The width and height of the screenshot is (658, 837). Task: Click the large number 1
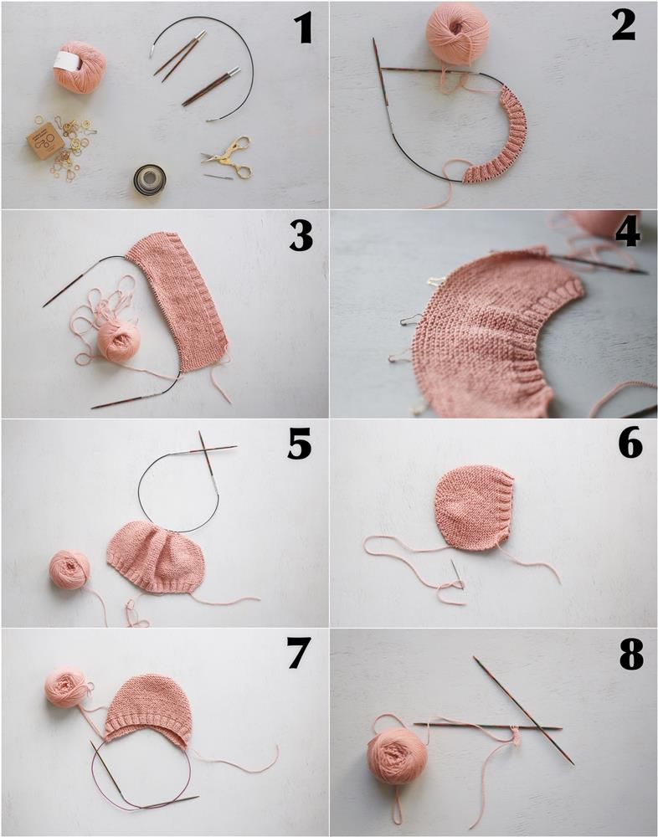click(x=304, y=29)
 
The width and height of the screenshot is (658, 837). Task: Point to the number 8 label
click(x=630, y=655)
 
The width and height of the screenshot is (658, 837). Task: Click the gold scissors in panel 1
click(x=228, y=157)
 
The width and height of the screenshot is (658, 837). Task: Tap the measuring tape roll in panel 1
click(x=149, y=179)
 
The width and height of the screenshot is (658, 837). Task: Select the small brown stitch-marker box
click(x=45, y=141)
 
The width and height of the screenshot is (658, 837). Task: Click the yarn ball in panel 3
click(x=118, y=341)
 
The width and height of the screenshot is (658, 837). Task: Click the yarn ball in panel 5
click(x=69, y=570)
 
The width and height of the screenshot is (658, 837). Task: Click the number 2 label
click(x=624, y=28)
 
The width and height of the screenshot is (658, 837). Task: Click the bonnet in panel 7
click(x=148, y=709)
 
